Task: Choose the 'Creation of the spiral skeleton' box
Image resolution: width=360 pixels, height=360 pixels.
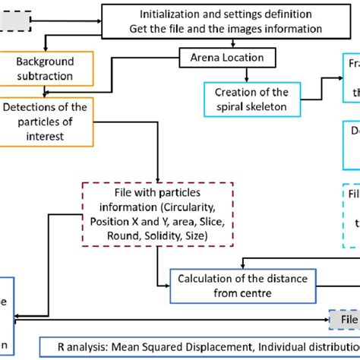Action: (x=250, y=98)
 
